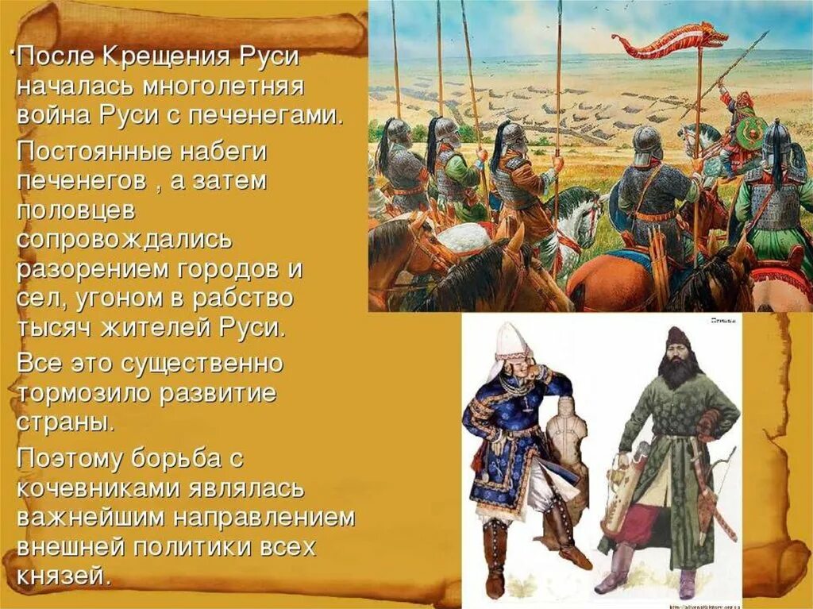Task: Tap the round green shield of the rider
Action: [x=750, y=132]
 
